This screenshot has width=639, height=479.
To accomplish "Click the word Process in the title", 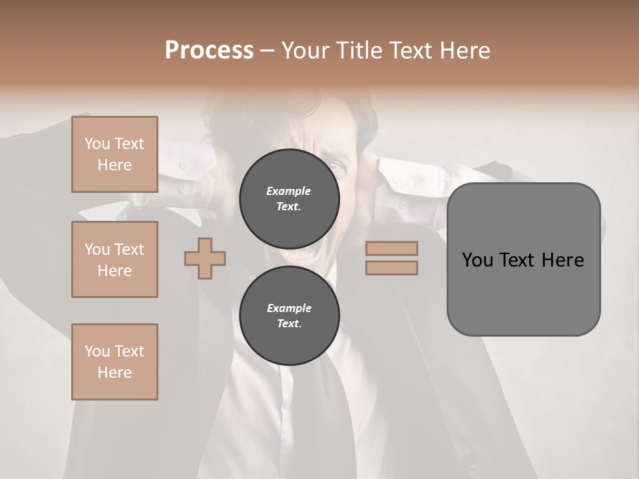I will [x=209, y=51].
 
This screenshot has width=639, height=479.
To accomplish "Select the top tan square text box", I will [x=114, y=154].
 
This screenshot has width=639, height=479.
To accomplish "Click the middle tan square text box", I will [x=114, y=259].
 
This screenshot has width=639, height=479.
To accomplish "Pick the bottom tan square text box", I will [x=114, y=362].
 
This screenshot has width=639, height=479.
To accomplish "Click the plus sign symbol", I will [x=205, y=258].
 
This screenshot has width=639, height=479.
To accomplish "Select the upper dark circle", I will [x=289, y=199].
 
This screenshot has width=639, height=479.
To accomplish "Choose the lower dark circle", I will [x=289, y=316].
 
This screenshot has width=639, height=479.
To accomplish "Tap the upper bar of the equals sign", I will [x=391, y=249].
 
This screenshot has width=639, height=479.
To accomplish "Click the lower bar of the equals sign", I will [x=391, y=267].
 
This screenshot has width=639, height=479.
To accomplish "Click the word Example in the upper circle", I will [x=288, y=191].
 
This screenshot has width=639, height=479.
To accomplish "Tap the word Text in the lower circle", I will [x=288, y=324].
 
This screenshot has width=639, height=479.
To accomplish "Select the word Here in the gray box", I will [x=562, y=260].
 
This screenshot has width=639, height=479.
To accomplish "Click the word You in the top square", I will [x=97, y=144].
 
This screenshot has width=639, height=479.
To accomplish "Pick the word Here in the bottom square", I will [x=114, y=373].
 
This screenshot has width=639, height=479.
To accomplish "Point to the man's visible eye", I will [x=340, y=166].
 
